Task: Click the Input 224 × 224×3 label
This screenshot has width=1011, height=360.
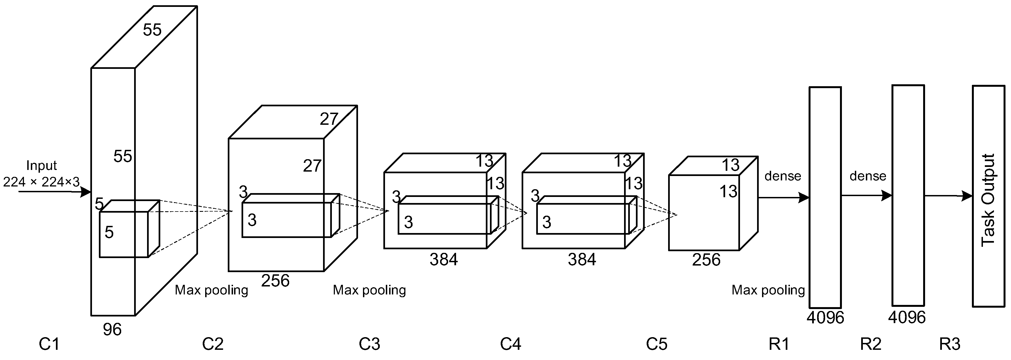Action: coord(41,174)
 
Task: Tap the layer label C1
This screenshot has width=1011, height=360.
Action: coord(49,344)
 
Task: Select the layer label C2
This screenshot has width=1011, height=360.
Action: coord(213,344)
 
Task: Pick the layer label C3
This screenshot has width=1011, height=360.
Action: coord(369,344)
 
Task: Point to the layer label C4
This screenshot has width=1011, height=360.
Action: coord(510,344)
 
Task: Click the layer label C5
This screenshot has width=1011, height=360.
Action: coord(657,344)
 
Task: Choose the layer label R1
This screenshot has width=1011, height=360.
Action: coord(779,344)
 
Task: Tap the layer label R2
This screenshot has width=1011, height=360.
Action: coord(871,344)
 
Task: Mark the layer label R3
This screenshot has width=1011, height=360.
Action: coord(950,344)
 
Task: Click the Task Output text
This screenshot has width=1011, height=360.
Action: coord(988,200)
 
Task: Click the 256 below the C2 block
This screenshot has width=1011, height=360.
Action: coord(275,281)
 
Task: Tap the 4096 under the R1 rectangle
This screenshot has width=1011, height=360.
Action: coord(825,318)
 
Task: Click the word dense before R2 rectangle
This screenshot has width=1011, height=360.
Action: coord(868,176)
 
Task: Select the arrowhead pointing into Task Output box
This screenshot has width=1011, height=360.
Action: coord(967,196)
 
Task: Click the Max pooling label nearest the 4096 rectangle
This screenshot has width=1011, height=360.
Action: coord(768,290)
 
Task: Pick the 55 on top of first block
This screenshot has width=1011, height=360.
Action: coord(152,30)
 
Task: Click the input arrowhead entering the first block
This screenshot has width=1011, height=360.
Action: coord(86,192)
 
